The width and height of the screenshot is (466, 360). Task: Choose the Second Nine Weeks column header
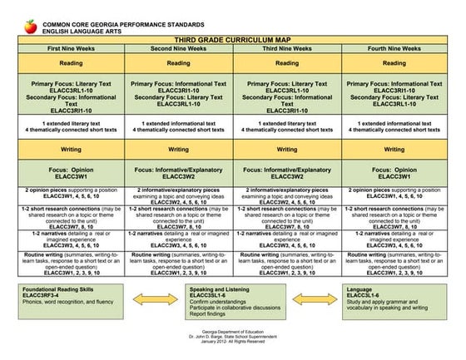coord(179,49)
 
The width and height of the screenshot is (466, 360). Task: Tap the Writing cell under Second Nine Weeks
coord(179,150)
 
